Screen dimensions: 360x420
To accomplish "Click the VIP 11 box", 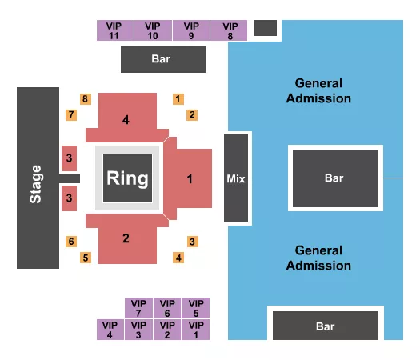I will point(114,30).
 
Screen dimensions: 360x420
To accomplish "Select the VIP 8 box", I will point(230,30).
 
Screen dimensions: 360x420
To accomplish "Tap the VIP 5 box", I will point(194,308).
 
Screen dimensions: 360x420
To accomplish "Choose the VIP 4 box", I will point(110,330).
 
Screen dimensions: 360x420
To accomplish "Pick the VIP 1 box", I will point(194,330).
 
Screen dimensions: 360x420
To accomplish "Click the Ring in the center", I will point(127,178).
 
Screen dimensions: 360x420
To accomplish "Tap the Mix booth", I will point(235,178).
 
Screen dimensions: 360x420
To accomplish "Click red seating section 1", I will point(190,179).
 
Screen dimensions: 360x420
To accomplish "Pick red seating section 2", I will point(126,238).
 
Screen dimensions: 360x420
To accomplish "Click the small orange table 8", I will point(86,99).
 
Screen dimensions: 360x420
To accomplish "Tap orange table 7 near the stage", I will point(71,114).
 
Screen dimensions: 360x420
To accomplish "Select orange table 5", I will point(86,257).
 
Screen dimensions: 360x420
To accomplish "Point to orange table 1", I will point(178,99).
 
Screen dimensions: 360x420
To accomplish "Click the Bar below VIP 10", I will point(162,58).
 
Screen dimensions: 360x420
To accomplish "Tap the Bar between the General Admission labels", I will point(334,178).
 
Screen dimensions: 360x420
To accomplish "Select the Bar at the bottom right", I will point(325,326).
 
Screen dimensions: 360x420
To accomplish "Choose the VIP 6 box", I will point(166,308).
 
